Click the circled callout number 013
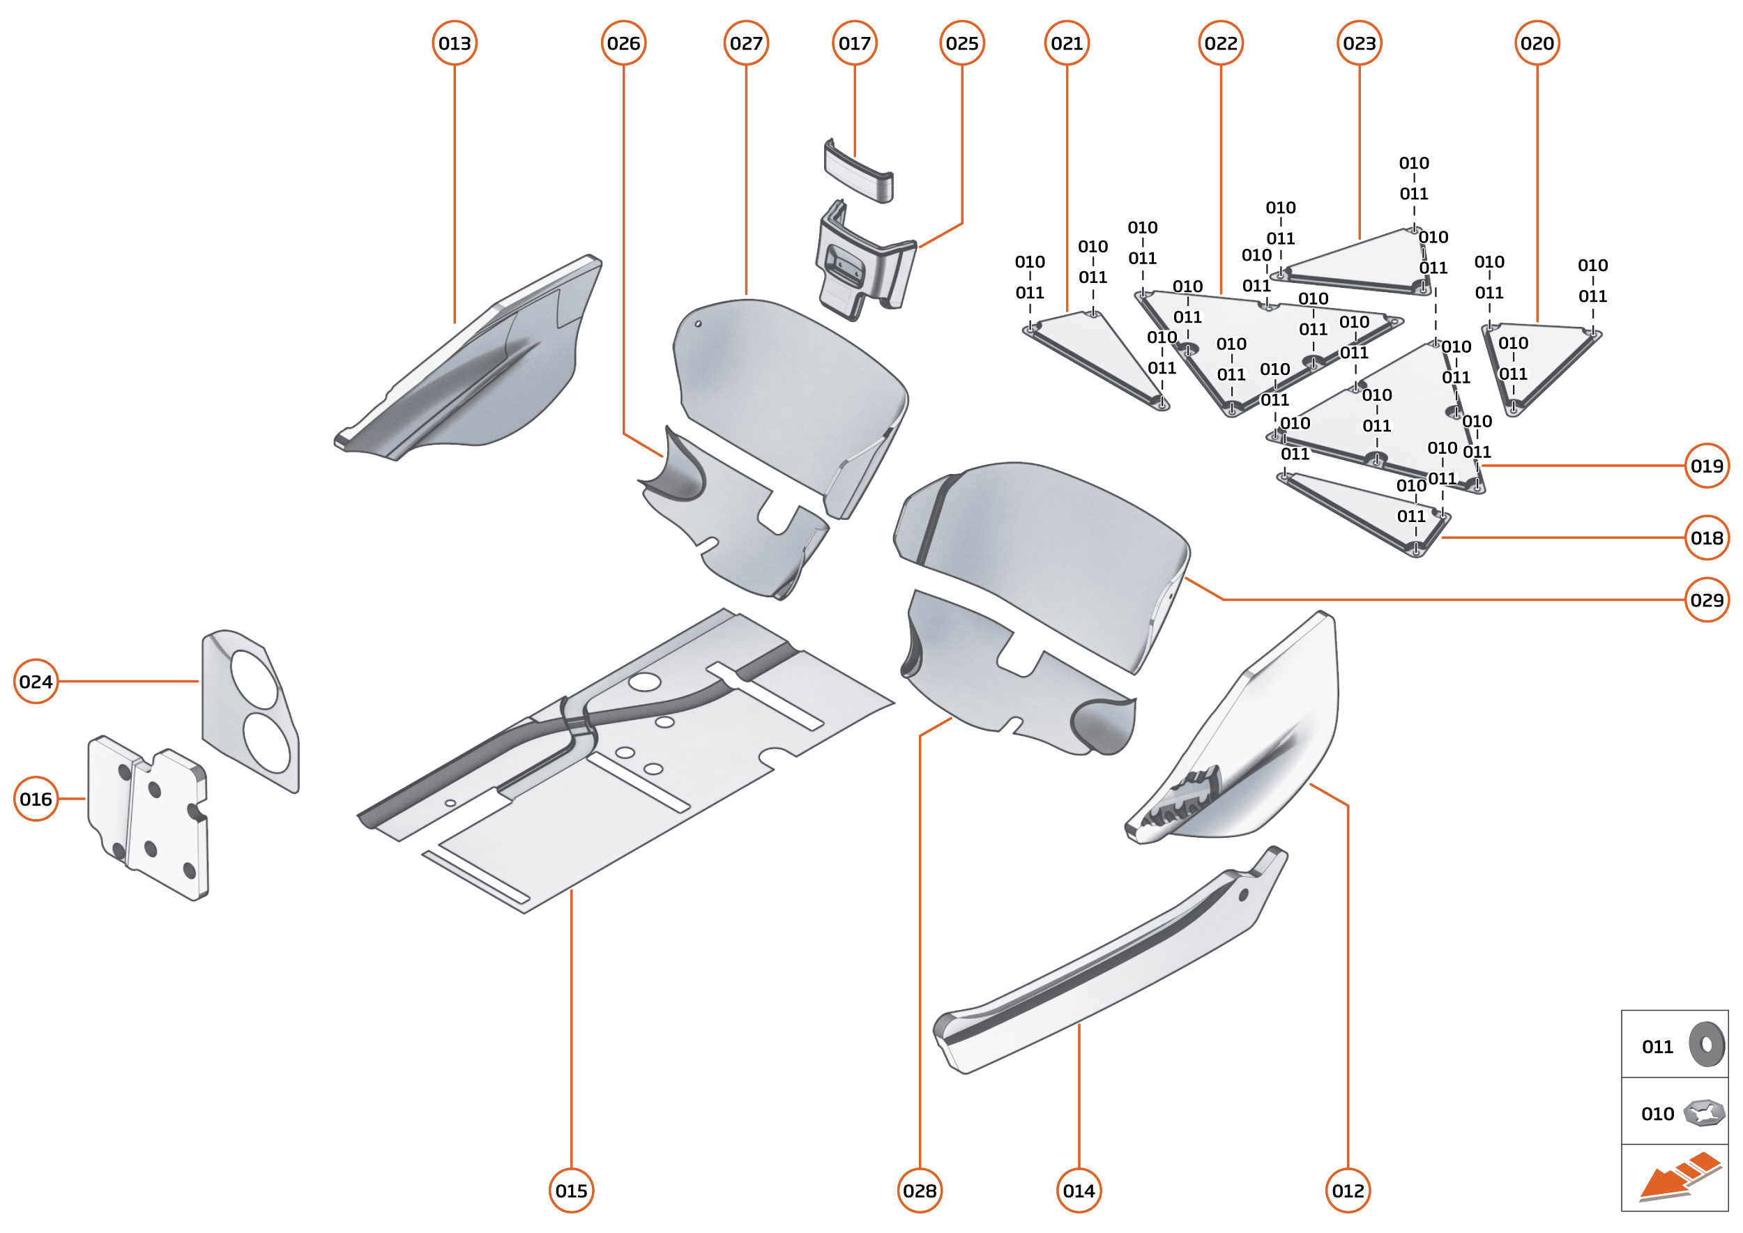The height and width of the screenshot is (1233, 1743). pos(454,43)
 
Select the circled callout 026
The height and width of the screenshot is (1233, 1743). pos(623,43)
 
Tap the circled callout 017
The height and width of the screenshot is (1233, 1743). pos(854,43)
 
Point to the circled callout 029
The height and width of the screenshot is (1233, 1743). pos(1707,600)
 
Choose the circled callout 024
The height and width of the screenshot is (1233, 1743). pos(36,681)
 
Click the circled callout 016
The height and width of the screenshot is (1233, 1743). pos(36,799)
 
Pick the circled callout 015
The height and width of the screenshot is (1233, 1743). pos(571,1190)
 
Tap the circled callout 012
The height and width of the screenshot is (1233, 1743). pos(1348,1190)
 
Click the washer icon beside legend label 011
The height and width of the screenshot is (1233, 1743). pos(1707,1045)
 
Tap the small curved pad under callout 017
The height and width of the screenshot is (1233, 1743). pos(858,172)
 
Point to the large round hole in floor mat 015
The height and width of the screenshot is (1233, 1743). pos(644,681)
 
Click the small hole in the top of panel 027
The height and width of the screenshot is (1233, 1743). pos(698,324)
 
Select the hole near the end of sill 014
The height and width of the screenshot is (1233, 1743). pos(1243,895)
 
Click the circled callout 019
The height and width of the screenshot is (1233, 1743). pos(1707,466)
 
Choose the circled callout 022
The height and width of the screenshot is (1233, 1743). pos(1221,43)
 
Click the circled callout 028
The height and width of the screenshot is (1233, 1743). pos(920,1190)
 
